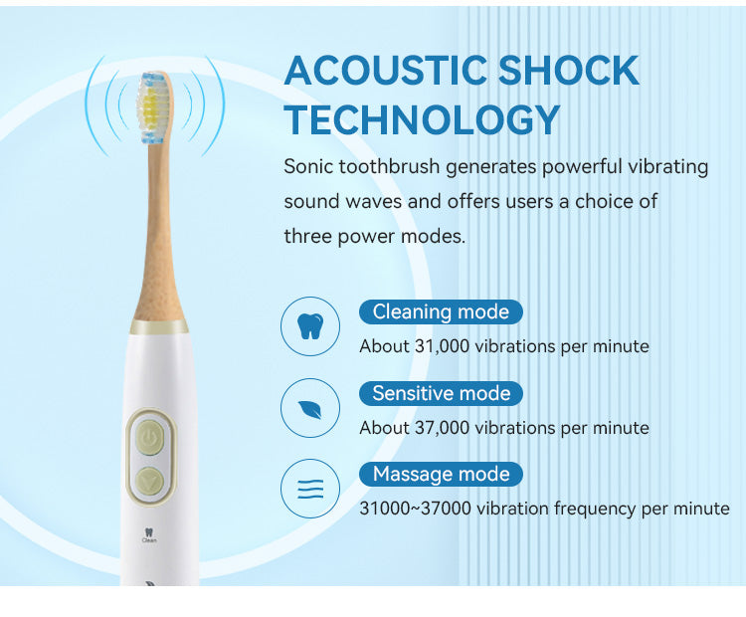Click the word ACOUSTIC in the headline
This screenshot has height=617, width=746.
tap(386, 70)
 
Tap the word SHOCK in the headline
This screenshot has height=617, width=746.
tap(569, 70)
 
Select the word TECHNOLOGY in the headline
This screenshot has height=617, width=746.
tap(422, 119)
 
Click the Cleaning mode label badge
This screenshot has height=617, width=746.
tap(441, 311)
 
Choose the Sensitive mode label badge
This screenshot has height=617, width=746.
tap(441, 393)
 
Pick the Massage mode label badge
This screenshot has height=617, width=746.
tap(441, 474)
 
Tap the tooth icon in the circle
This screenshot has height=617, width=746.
tap(310, 326)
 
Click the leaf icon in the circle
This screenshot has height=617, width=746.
tap(310, 408)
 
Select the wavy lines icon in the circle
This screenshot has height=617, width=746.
tap(310, 489)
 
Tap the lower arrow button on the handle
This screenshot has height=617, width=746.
tap(150, 481)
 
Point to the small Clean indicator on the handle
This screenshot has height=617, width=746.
tap(149, 535)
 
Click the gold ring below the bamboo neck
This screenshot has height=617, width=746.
tap(159, 326)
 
